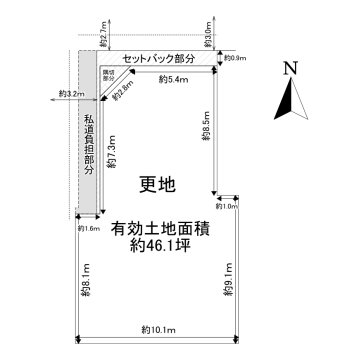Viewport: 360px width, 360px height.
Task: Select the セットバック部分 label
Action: click(x=160, y=60)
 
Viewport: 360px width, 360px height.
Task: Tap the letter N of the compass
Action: click(x=288, y=69)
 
